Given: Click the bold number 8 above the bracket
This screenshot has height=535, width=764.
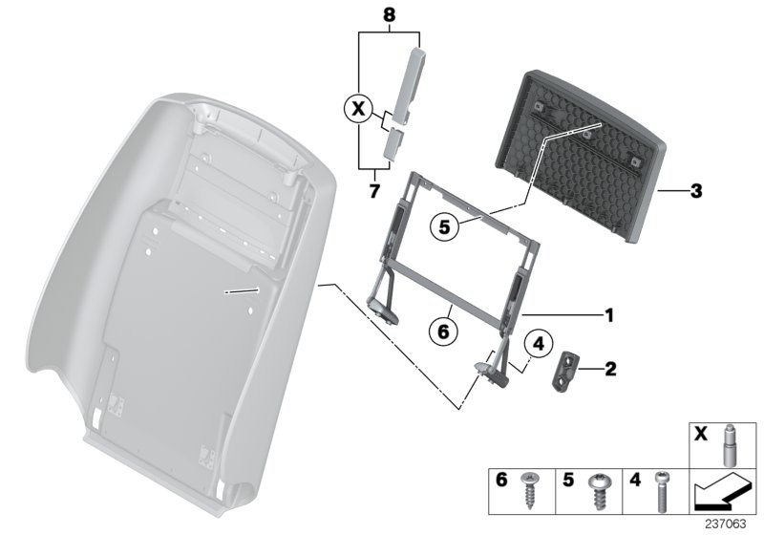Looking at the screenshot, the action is [x=389, y=15].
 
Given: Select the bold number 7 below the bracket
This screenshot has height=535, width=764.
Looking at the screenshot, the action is [x=373, y=191].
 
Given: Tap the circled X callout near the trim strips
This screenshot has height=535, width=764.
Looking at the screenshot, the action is [x=358, y=109].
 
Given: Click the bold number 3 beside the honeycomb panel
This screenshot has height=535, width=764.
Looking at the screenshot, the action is [x=696, y=191].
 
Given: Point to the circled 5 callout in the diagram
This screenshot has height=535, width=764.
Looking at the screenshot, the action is [x=444, y=227].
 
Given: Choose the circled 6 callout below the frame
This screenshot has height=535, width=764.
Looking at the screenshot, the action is [x=443, y=332].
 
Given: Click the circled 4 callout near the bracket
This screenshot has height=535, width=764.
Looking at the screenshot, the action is [x=538, y=344].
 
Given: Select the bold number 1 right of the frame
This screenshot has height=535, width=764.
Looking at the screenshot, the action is [x=608, y=315].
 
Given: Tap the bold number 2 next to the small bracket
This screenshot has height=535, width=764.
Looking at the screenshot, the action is [x=610, y=369].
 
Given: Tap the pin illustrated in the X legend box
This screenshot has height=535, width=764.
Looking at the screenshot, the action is [x=729, y=445].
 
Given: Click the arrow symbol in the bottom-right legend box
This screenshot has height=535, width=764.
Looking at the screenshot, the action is [x=723, y=491].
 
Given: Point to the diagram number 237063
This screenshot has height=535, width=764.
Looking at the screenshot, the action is [x=726, y=524].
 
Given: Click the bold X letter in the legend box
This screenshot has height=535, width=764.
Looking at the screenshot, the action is [x=701, y=433].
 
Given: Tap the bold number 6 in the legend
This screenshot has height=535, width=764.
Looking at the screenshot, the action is [x=501, y=480].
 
